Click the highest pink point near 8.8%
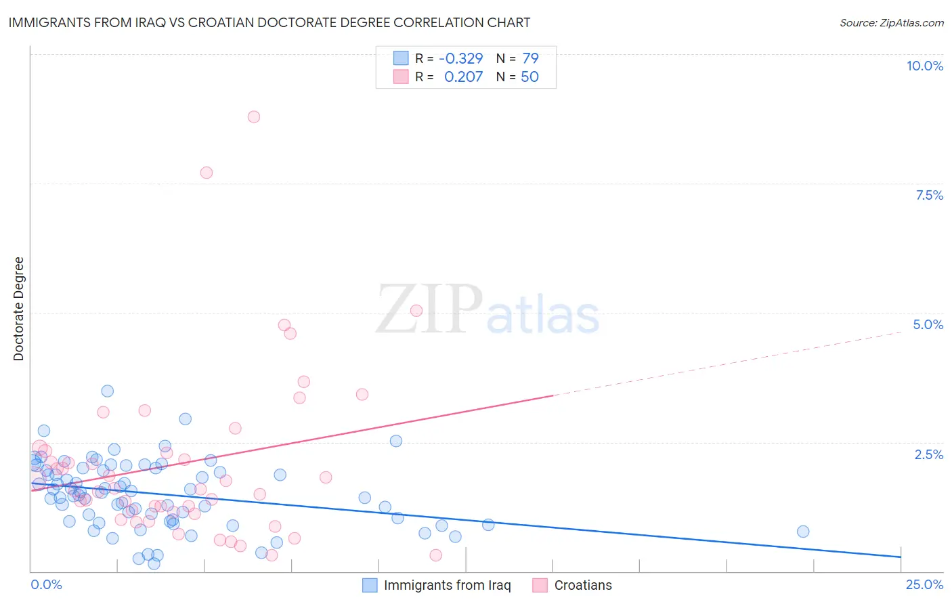pyautogui.click(x=254, y=116)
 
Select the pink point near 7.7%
pyautogui.click(x=207, y=173)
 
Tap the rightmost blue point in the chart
pyautogui.click(x=803, y=532)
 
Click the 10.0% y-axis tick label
pyautogui.click(x=925, y=66)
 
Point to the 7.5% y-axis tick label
pyautogui.click(x=929, y=195)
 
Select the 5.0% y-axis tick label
pyautogui.click(x=928, y=324)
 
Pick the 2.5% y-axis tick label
pyautogui.click(x=929, y=454)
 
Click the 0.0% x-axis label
pyautogui.click(x=46, y=584)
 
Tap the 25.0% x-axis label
pyautogui.click(x=924, y=584)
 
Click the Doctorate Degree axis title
pyautogui.click(x=19, y=309)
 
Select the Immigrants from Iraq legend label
pyautogui.click(x=447, y=585)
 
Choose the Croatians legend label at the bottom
pyautogui.click(x=583, y=585)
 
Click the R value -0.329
pyautogui.click(x=461, y=59)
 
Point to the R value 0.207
pyautogui.click(x=463, y=77)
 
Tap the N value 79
pyautogui.click(x=530, y=59)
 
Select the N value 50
pyautogui.click(x=529, y=77)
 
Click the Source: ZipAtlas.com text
pyautogui.click(x=891, y=23)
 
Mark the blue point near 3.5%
pyautogui.click(x=108, y=391)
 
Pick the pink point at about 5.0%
pyautogui.click(x=416, y=311)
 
